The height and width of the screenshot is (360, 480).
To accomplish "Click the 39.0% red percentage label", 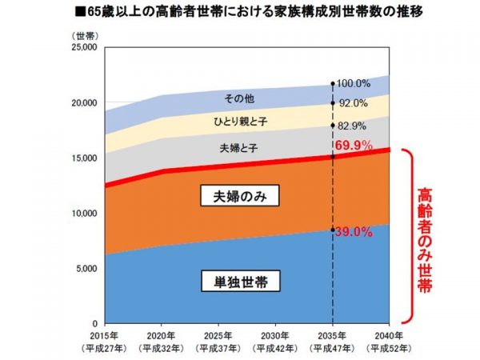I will click(352, 232).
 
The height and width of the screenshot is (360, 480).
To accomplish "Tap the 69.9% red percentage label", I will click(353, 145).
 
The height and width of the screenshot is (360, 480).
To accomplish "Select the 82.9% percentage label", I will click(352, 126).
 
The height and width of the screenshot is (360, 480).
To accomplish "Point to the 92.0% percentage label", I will click(352, 103).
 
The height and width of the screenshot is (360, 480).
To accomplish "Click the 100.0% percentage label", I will click(353, 83).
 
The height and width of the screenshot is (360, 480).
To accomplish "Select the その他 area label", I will click(238, 98).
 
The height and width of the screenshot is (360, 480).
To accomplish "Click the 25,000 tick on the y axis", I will click(82, 48).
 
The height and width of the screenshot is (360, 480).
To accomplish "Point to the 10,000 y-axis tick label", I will click(82, 214).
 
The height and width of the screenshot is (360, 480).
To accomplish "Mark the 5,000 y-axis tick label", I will click(85, 268).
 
